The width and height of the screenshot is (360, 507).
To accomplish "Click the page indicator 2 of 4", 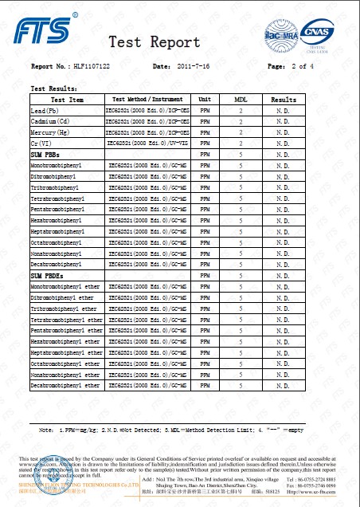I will (303, 66).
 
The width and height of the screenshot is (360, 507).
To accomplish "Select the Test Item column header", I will (66, 100).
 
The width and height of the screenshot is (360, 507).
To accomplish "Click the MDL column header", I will (240, 100).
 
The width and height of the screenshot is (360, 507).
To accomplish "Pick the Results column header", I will (283, 100).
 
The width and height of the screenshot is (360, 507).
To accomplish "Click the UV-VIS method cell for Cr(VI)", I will (147, 141).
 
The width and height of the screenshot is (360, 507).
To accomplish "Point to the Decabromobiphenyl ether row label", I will (66, 385).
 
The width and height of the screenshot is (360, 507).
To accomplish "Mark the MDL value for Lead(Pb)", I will (240, 110).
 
